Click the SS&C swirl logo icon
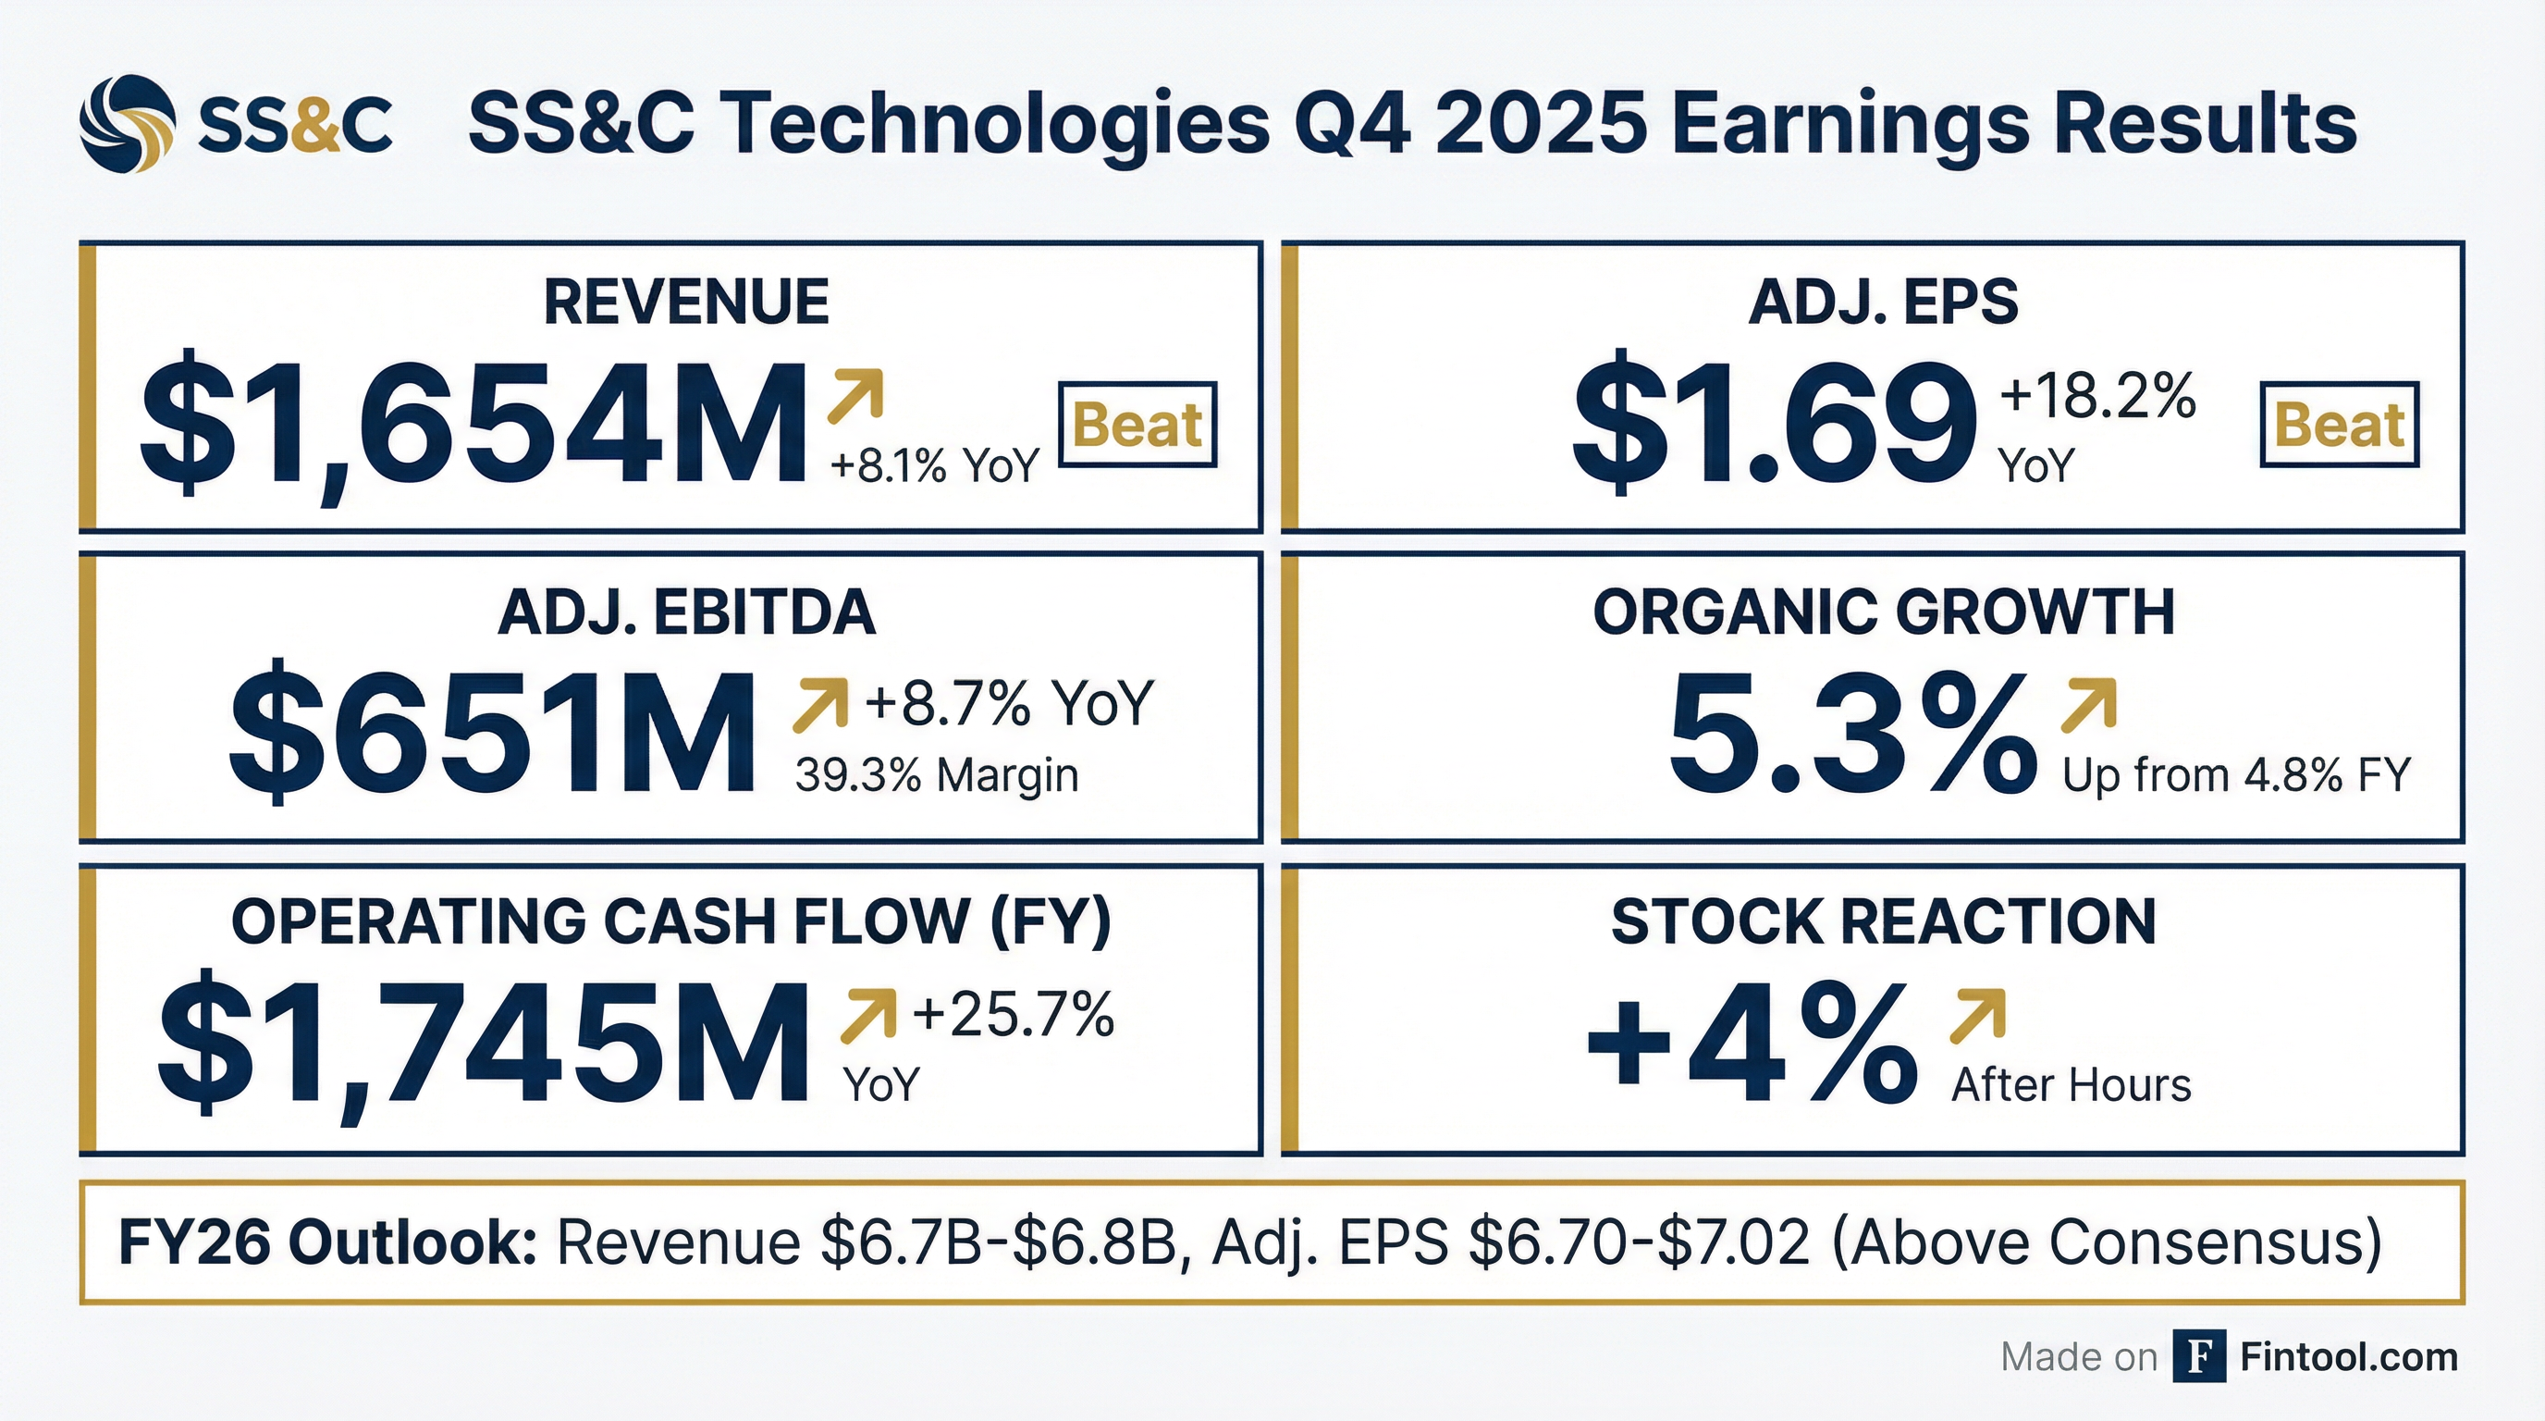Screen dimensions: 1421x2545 pyautogui.click(x=128, y=125)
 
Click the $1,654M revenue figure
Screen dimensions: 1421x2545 pyautogui.click(x=473, y=424)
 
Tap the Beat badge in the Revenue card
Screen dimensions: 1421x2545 pyautogui.click(x=1137, y=425)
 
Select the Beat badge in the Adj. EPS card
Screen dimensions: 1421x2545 pyautogui.click(x=2339, y=425)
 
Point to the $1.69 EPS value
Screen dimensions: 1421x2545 pyautogui.click(x=1775, y=424)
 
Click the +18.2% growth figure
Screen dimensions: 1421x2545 pyautogui.click(x=2097, y=397)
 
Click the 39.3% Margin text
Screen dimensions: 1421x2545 pyautogui.click(x=937, y=775)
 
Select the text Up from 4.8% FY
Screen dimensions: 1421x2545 pyautogui.click(x=2236, y=775)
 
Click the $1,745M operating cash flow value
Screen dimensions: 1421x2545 pyautogui.click(x=483, y=1042)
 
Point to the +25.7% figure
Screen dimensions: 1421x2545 pyautogui.click(x=1013, y=1015)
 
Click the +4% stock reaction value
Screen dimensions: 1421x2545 pyautogui.click(x=1751, y=1044)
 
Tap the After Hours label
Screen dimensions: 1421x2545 pyautogui.click(x=2071, y=1085)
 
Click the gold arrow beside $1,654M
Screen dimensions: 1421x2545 pyautogui.click(x=854, y=395)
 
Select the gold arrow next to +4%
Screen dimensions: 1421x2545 pyautogui.click(x=1978, y=1016)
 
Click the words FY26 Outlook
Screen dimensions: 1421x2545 pyautogui.click(x=327, y=1242)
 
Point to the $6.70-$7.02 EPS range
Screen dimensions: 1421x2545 pyautogui.click(x=1640, y=1242)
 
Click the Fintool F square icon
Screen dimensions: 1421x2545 pyautogui.click(x=2199, y=1357)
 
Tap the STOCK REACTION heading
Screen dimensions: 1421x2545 pyautogui.click(x=1883, y=921)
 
